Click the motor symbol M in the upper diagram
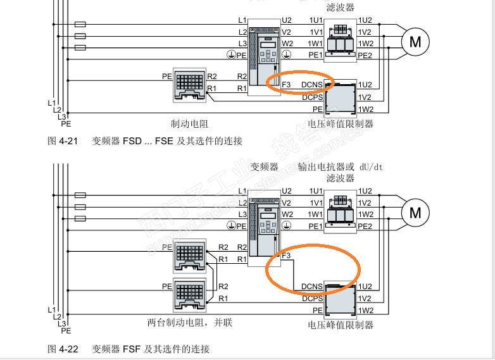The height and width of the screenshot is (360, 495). [415, 42]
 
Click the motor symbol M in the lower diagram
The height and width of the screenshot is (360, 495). [415, 213]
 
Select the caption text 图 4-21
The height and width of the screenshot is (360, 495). [62, 141]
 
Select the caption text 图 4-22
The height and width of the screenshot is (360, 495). [62, 349]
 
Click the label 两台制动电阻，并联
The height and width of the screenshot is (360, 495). [190, 323]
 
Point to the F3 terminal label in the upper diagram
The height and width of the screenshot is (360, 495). [286, 85]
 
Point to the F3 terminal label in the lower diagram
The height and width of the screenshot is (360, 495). [286, 256]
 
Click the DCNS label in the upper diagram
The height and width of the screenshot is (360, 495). [312, 85]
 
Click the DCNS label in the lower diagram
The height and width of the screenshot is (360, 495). [312, 287]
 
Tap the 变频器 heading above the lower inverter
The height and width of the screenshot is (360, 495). [265, 167]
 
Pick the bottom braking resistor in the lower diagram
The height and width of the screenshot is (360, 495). [190, 294]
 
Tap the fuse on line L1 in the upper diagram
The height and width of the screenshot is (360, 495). [80, 24]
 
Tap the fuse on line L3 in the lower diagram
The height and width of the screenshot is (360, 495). [80, 219]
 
